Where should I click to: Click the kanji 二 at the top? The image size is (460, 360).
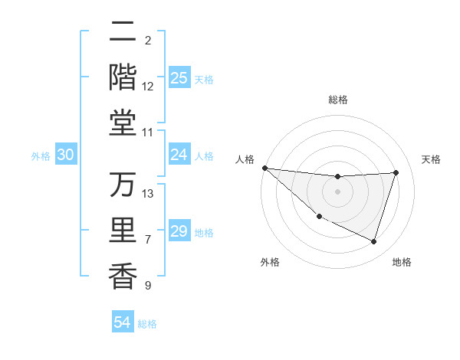(123, 33)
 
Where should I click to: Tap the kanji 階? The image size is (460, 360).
(123, 77)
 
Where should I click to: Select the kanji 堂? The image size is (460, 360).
(123, 123)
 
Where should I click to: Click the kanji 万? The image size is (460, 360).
(123, 185)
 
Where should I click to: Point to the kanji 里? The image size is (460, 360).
(123, 231)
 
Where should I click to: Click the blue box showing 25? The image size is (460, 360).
(179, 78)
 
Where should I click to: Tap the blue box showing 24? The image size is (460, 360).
(179, 155)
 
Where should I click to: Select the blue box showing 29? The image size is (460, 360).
(179, 231)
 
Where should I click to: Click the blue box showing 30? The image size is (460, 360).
(66, 155)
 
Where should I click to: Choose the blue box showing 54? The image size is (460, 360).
(123, 322)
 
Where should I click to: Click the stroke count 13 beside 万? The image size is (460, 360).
(149, 194)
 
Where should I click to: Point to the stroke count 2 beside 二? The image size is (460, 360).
(148, 40)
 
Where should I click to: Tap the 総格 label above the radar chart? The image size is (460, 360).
(337, 100)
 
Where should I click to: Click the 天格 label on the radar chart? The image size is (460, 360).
(431, 159)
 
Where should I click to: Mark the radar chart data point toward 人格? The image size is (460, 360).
(264, 168)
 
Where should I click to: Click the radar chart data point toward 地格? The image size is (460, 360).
(373, 241)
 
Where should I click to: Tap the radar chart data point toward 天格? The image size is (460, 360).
(396, 172)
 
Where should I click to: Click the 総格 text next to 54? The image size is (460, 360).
(147, 324)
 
